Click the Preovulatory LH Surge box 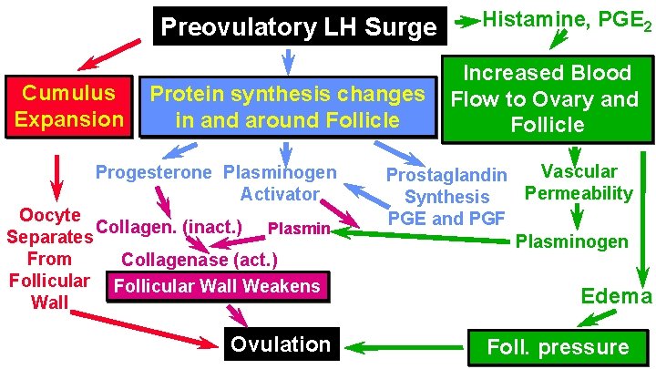tap(298, 27)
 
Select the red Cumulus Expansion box tap(69, 106)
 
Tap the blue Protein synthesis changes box tap(287, 107)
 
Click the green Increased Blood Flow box tap(546, 98)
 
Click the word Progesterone tap(156, 172)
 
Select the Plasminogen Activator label tap(281, 182)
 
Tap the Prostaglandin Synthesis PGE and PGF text tap(446, 196)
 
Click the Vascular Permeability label tap(579, 181)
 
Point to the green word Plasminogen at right tap(571, 241)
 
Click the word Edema tap(617, 295)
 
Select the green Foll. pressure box tap(559, 347)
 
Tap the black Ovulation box tap(281, 344)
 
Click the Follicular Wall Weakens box tap(218, 286)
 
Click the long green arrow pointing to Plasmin tap(428, 236)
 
